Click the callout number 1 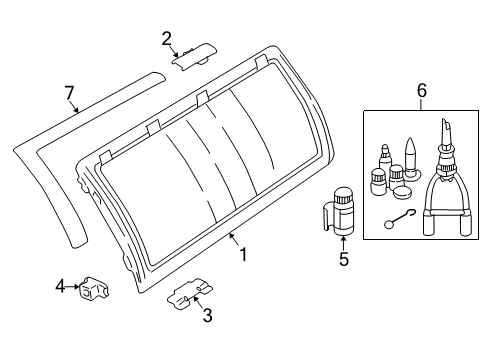(x=244, y=254)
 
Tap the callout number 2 (x=167, y=39)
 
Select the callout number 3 (x=207, y=315)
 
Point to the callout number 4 (x=60, y=286)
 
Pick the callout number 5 (x=344, y=259)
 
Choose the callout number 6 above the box (x=422, y=91)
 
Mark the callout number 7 (x=69, y=93)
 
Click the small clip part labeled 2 (x=194, y=56)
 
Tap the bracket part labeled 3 (x=190, y=293)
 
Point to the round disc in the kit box (x=403, y=193)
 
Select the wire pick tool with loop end (x=399, y=219)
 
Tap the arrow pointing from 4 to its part (x=73, y=286)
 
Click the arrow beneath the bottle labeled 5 (x=343, y=243)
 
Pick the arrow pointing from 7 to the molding (x=75, y=107)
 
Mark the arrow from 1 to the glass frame (x=234, y=240)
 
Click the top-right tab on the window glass (x=261, y=62)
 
